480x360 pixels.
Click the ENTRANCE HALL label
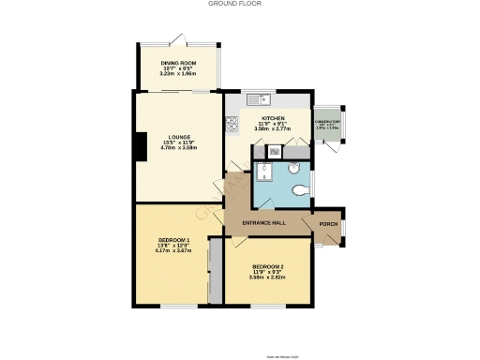tap(263, 223)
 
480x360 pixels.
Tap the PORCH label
tap(329, 223)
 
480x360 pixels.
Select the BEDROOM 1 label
tap(173, 240)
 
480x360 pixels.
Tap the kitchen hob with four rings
tap(232, 122)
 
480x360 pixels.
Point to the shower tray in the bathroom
tap(264, 175)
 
